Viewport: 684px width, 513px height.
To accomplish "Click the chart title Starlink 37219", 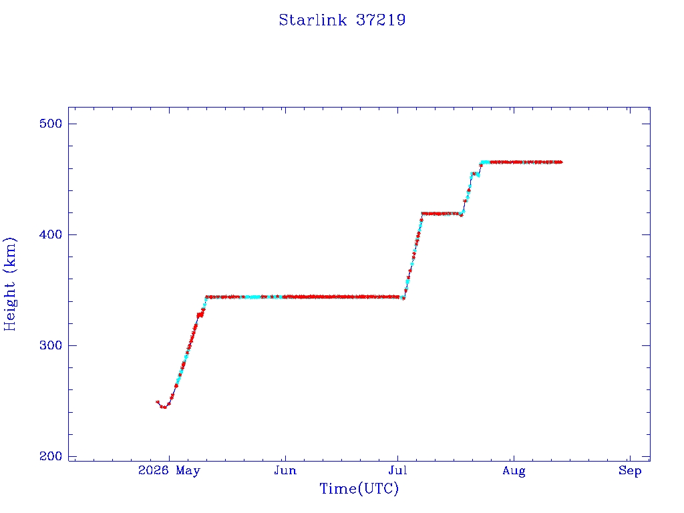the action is click(x=342, y=20).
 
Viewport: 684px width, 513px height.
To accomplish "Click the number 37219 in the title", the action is click(x=381, y=20).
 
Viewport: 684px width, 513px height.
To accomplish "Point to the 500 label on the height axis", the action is click(x=51, y=124).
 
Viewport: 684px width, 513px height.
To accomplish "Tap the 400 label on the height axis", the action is click(x=51, y=234).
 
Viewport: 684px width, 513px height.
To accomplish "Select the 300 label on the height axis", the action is click(x=51, y=345).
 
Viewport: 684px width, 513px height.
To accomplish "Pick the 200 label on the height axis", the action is click(x=51, y=456).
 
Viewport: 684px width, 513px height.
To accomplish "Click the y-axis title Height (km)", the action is click(x=10, y=284).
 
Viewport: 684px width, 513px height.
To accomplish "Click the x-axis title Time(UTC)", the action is click(x=359, y=488).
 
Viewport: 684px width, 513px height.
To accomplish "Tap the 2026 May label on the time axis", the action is click(x=169, y=470).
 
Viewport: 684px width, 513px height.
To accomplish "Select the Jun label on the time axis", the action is click(x=285, y=470).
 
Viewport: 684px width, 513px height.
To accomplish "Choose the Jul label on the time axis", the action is click(x=397, y=470).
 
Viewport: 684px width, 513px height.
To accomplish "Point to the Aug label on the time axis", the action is click(x=514, y=471).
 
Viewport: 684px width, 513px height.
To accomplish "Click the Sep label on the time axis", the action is click(x=630, y=471).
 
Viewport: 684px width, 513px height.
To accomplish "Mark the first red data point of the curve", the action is click(x=158, y=402).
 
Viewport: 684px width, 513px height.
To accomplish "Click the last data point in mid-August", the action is click(x=560, y=162).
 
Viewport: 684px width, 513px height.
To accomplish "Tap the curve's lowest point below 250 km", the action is click(x=164, y=407).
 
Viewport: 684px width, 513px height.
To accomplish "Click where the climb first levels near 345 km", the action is click(x=206, y=297).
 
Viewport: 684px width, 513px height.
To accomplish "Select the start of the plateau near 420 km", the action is click(x=422, y=214).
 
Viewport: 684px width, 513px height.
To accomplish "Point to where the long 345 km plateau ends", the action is click(x=403, y=298).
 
